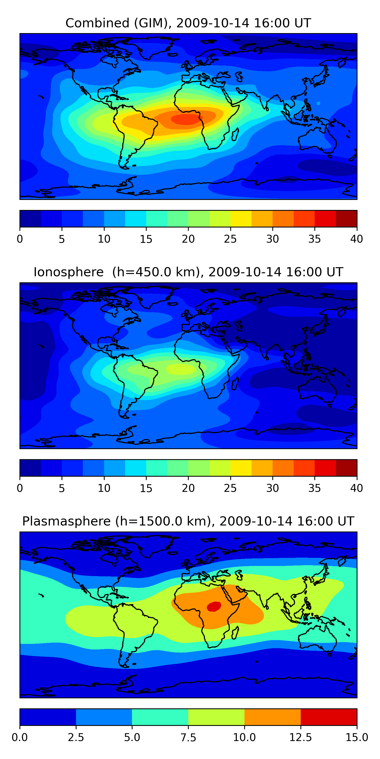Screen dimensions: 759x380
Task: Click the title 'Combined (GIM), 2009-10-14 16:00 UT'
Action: [188, 23]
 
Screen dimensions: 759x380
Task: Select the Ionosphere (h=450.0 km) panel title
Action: [188, 272]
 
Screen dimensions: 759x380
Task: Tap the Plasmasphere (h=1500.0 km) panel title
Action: [188, 521]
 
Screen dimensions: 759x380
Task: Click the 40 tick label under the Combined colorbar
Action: [356, 239]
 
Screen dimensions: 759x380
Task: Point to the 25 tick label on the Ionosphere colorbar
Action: [230, 488]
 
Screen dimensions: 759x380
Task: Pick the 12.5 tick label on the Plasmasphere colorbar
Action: [300, 737]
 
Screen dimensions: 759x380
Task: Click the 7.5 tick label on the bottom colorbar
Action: [188, 737]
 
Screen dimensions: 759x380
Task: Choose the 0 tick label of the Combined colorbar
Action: [20, 239]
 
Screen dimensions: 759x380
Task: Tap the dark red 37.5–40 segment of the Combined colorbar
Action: [346, 219]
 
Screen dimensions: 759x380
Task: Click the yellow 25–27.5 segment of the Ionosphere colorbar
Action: [241, 468]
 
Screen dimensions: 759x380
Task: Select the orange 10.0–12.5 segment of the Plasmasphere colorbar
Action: [272, 717]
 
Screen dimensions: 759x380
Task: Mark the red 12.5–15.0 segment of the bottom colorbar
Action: [329, 717]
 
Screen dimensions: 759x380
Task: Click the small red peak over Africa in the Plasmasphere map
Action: [214, 606]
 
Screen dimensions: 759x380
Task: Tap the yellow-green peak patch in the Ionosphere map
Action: [181, 369]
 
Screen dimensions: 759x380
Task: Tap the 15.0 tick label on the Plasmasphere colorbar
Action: [356, 737]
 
